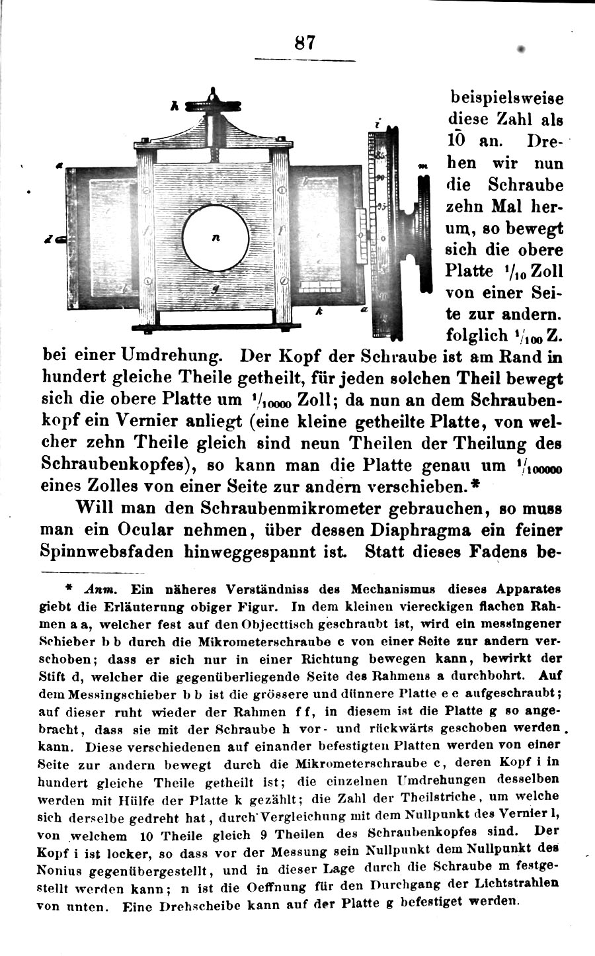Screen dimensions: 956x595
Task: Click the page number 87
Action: coord(305,44)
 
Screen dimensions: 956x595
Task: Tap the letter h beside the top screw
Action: coord(175,105)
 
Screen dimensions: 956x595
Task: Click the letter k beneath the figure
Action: coord(318,312)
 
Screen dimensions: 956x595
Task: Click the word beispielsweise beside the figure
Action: coord(506,98)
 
